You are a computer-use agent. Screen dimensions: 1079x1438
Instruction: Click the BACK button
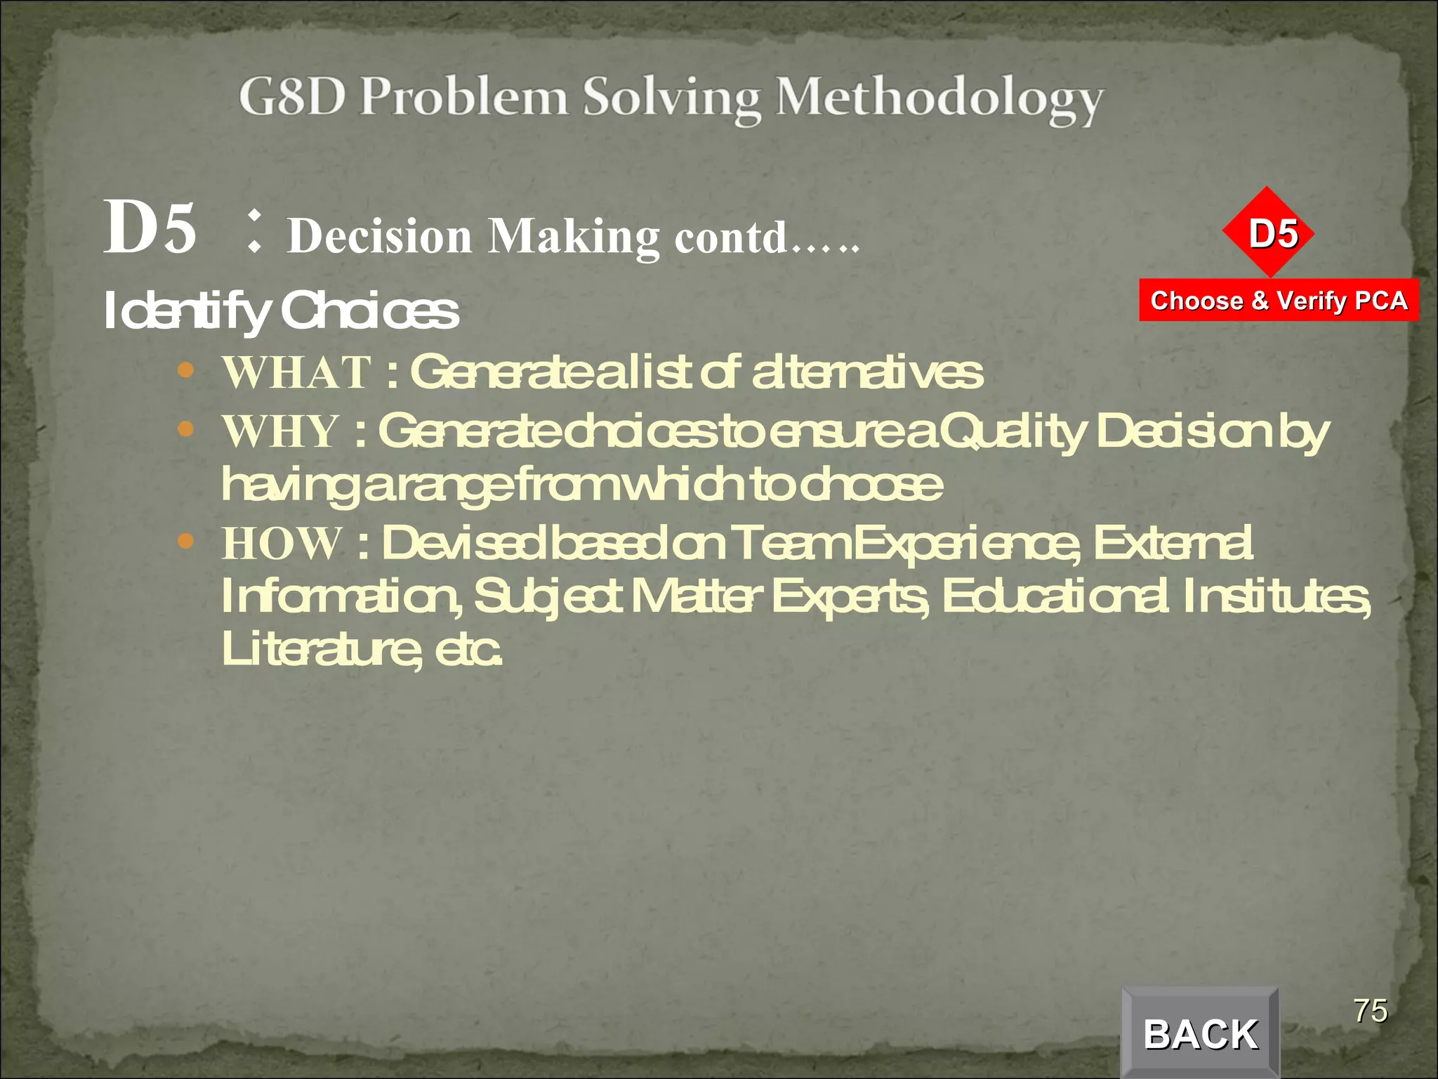click(x=1200, y=1033)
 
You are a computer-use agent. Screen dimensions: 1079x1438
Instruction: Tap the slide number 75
click(x=1371, y=1011)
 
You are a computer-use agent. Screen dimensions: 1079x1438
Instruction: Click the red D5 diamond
click(x=1268, y=233)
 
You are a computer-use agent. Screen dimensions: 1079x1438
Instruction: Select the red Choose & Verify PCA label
click(x=1279, y=301)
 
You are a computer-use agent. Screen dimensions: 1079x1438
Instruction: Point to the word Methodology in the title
click(x=939, y=99)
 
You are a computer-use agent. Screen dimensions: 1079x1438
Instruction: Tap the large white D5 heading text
click(x=150, y=227)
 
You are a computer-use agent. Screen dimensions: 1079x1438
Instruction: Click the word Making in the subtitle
click(x=574, y=236)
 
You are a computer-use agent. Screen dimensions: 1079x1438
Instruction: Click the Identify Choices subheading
click(x=281, y=310)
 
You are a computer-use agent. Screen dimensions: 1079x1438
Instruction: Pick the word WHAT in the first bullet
click(x=296, y=372)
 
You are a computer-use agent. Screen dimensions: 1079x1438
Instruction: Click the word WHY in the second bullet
click(x=281, y=431)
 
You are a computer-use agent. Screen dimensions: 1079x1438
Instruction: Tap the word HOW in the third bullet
click(x=282, y=543)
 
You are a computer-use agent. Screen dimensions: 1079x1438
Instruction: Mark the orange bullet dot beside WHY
click(x=186, y=429)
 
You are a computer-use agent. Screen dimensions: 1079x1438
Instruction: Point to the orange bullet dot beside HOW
click(x=186, y=541)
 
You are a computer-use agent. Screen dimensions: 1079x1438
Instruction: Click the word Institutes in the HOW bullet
click(x=1276, y=596)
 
